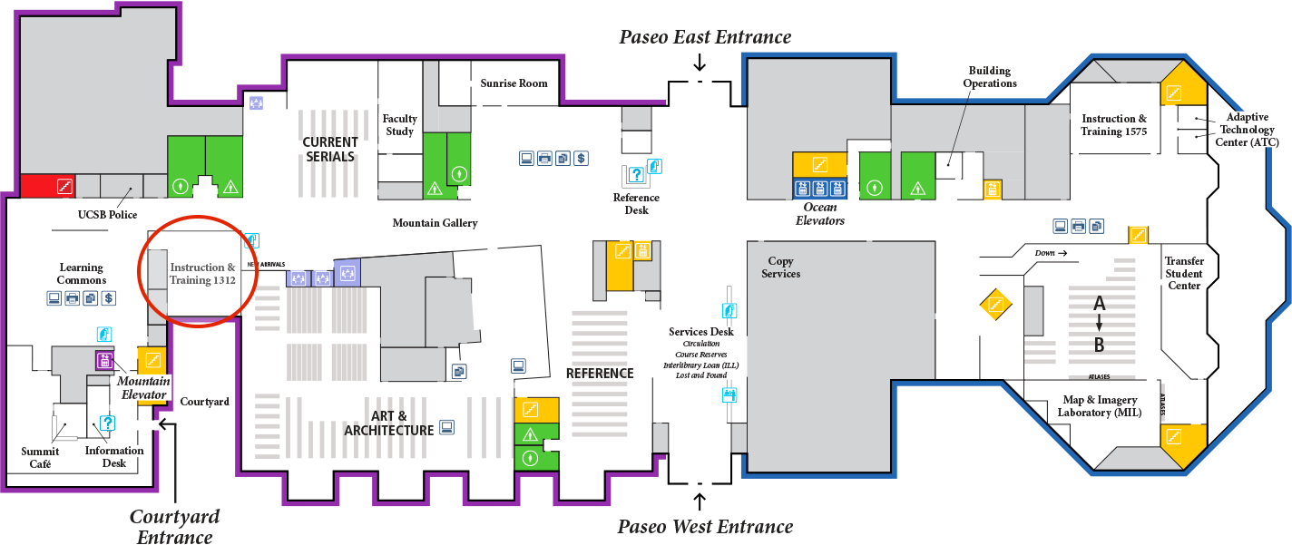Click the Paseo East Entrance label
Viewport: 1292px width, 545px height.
tap(705, 37)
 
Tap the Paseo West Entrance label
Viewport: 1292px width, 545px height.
tap(705, 527)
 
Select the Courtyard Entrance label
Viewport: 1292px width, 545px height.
tap(175, 527)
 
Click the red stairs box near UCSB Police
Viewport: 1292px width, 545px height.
tap(48, 186)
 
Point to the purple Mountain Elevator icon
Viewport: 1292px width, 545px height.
tap(104, 360)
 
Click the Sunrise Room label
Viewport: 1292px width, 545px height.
tap(514, 83)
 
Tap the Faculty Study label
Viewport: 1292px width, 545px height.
tap(400, 124)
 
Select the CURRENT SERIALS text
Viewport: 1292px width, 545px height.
tap(330, 150)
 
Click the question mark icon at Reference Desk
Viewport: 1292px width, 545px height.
tap(636, 174)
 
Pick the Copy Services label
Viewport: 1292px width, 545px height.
tap(780, 268)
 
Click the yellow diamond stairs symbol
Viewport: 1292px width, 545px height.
tap(995, 304)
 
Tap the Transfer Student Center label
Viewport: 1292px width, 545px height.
tap(1183, 273)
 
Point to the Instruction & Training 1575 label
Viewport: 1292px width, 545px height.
tap(1114, 125)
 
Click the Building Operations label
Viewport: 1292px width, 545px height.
tap(990, 77)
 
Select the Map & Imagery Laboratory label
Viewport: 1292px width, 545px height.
tap(1100, 406)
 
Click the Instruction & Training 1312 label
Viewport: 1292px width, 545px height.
tap(202, 274)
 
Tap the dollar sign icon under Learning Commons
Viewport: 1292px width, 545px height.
tap(109, 298)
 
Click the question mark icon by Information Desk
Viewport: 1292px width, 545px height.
tap(107, 423)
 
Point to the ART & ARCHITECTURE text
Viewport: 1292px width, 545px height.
tap(388, 423)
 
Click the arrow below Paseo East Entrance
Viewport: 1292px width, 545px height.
tap(700, 62)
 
